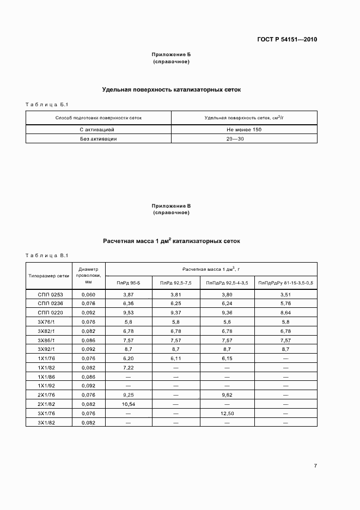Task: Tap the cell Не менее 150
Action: click(x=244, y=130)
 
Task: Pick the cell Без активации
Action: click(x=99, y=139)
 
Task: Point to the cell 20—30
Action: click(x=244, y=139)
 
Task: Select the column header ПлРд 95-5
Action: click(x=129, y=283)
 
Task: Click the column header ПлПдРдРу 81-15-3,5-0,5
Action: click(x=286, y=283)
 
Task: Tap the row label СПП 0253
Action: click(x=50, y=294)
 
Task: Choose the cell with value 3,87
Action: click(x=129, y=294)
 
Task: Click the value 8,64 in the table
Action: click(x=286, y=313)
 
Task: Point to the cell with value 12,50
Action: click(x=227, y=413)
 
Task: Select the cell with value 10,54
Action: click(x=129, y=404)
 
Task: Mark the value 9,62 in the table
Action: click(x=227, y=395)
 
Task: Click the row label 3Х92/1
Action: click(x=50, y=349)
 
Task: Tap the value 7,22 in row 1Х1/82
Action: click(x=129, y=367)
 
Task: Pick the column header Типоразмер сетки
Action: click(x=49, y=275)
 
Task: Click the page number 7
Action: click(x=315, y=465)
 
